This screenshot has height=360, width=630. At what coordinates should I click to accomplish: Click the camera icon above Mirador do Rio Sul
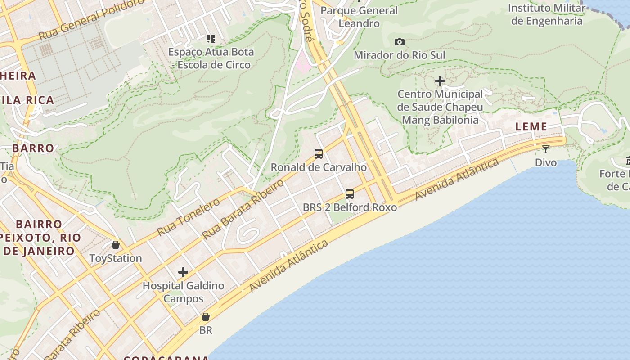click(x=399, y=42)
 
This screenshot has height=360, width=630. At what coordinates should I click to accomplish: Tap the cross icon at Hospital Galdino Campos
click(x=183, y=272)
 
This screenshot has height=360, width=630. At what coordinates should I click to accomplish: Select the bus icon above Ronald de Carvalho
click(x=319, y=154)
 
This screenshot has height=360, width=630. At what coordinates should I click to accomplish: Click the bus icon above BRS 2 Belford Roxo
click(x=350, y=194)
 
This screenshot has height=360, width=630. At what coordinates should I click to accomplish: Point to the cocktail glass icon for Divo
click(x=546, y=149)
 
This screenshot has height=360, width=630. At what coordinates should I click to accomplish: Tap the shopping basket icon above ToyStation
click(x=116, y=245)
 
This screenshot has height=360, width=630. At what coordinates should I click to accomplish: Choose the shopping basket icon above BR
click(x=206, y=317)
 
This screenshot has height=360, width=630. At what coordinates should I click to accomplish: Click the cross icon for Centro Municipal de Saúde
click(x=440, y=81)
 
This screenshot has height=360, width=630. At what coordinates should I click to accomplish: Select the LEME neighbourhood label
click(x=531, y=127)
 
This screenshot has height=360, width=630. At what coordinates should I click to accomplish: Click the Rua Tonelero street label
click(x=189, y=216)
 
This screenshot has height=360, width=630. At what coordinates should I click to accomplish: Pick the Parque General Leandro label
click(x=359, y=17)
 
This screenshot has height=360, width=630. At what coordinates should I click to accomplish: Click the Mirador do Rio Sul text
click(x=400, y=55)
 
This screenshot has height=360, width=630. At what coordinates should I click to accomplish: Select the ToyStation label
click(x=116, y=258)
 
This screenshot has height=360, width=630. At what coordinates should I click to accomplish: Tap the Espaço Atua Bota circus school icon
click(x=211, y=39)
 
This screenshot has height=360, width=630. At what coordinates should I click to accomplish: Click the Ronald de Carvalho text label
click(x=319, y=167)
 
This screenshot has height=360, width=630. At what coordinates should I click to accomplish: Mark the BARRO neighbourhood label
click(x=33, y=148)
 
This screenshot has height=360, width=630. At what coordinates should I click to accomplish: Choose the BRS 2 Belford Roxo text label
click(x=350, y=207)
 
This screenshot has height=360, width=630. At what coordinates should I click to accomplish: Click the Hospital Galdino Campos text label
click(x=183, y=292)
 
